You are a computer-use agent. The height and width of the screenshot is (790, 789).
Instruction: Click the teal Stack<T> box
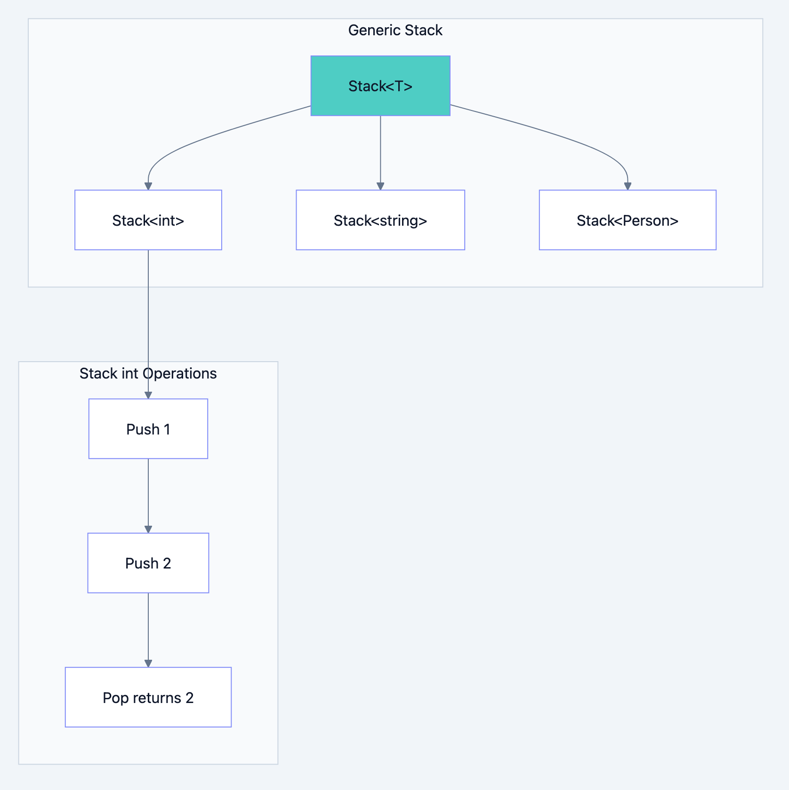380,86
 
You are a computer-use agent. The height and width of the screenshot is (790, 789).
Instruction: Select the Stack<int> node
148,220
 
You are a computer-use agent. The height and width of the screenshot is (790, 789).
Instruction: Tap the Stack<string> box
380,220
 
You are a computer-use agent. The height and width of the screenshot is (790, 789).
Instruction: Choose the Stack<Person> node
627,220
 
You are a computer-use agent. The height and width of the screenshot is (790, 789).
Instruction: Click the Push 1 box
148,429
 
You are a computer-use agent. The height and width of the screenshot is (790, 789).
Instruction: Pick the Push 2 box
148,563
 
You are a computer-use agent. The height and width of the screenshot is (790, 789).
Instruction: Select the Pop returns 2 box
148,697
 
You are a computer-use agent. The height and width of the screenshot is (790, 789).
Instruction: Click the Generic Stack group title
395,30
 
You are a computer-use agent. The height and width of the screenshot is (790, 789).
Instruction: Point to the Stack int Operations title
148,373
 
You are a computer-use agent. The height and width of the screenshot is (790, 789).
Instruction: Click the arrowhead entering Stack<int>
148,186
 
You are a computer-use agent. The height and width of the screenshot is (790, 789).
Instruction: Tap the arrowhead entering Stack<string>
380,186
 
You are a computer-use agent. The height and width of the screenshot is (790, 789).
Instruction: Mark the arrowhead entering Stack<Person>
627,186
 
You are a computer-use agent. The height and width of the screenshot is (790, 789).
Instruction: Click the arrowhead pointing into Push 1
148,395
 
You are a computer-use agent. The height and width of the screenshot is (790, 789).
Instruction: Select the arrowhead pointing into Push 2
148,529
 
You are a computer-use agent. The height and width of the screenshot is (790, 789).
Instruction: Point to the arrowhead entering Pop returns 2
148,663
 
